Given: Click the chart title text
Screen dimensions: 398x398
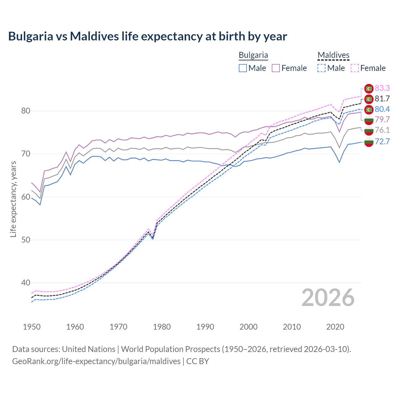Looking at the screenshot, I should pyautogui.click(x=147, y=36).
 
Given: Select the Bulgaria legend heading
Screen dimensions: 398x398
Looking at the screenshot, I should pyautogui.click(x=253, y=55).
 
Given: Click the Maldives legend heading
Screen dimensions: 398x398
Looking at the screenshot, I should pyautogui.click(x=333, y=55).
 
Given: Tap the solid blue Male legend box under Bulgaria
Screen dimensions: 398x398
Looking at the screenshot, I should pyautogui.click(x=243, y=68).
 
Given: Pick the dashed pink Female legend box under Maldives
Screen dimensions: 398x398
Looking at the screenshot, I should pyautogui.click(x=355, y=68).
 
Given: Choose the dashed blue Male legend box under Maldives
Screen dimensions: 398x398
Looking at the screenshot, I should pyautogui.click(x=322, y=68).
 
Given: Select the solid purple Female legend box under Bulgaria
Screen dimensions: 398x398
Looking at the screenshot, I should pyautogui.click(x=276, y=68).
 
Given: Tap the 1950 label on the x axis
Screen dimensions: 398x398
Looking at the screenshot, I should pyautogui.click(x=32, y=327).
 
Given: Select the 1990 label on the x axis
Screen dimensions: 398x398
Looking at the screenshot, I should pyautogui.click(x=205, y=327).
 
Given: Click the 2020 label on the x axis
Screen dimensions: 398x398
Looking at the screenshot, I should pyautogui.click(x=335, y=327).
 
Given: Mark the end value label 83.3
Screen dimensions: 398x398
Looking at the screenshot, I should pyautogui.click(x=382, y=88).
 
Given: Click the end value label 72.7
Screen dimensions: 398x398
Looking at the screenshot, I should pyautogui.click(x=382, y=142).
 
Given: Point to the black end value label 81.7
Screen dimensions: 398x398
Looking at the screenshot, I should pyautogui.click(x=382, y=99).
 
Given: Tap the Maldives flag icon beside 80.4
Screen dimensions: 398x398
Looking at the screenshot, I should pyautogui.click(x=369, y=109).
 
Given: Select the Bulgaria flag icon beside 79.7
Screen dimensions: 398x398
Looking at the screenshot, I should pyautogui.click(x=369, y=120).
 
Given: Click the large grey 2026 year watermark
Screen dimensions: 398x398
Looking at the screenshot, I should pyautogui.click(x=328, y=298).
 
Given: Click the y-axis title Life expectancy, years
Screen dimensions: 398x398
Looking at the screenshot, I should pyautogui.click(x=13, y=199).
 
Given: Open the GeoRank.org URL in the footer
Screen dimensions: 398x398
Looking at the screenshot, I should pyautogui.click(x=96, y=361).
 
